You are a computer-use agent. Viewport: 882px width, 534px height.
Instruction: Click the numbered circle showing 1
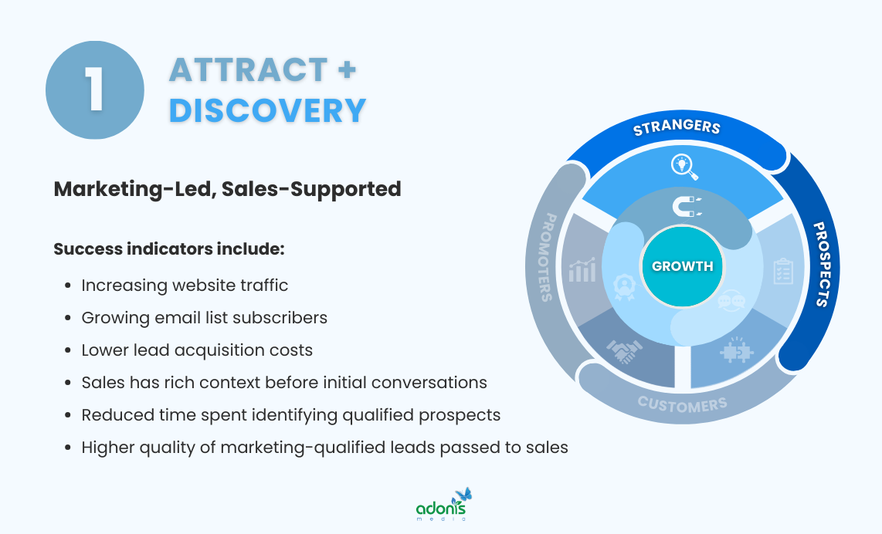(x=95, y=90)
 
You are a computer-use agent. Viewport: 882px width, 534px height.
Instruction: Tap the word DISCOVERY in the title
(x=267, y=110)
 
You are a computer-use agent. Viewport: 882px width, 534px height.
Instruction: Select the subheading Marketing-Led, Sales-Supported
(x=227, y=188)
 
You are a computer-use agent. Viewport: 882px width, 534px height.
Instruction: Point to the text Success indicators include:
(x=169, y=249)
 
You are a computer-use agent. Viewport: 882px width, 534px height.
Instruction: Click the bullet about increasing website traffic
(x=185, y=286)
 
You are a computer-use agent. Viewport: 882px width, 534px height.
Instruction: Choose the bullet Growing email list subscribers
(x=204, y=318)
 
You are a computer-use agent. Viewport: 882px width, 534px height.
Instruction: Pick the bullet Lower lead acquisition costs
(x=197, y=350)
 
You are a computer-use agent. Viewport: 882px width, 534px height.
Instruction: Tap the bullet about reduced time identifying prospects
(x=290, y=415)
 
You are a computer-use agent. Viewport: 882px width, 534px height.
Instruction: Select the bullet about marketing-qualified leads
(x=324, y=448)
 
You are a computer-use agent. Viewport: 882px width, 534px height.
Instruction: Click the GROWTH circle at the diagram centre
(x=683, y=266)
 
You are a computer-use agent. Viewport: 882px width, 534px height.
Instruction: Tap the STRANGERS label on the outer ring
(x=677, y=127)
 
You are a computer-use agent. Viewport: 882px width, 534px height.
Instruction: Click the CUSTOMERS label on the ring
(x=682, y=404)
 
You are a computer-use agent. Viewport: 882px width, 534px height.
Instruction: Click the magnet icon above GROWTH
(x=685, y=206)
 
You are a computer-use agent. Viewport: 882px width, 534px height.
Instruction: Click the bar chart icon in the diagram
(x=582, y=270)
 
